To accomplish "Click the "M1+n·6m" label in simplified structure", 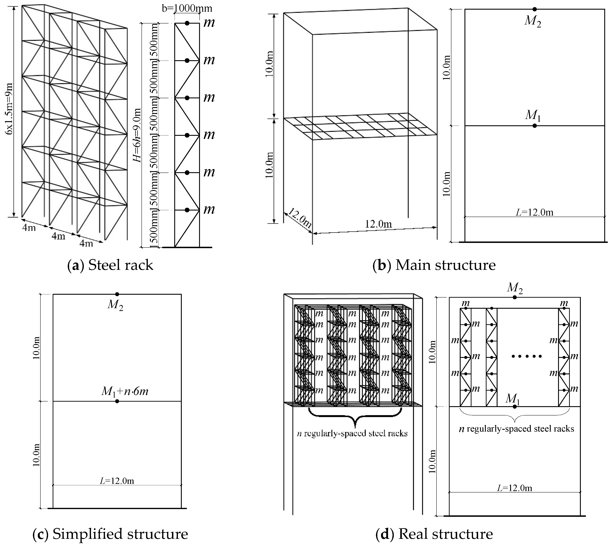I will (125, 391).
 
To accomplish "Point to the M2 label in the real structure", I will (515, 288).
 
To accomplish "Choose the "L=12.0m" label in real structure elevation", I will (515, 488).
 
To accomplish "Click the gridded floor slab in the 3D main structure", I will (360, 126).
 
